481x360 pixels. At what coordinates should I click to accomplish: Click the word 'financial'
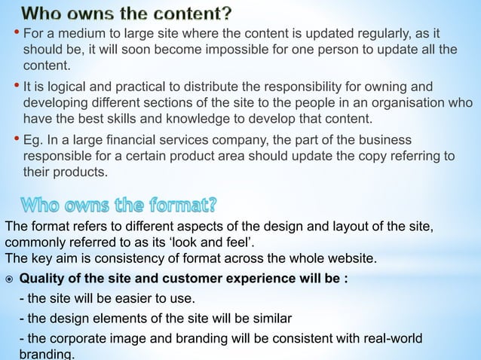coord(146,141)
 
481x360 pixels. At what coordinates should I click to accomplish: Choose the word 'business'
coord(384,141)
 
